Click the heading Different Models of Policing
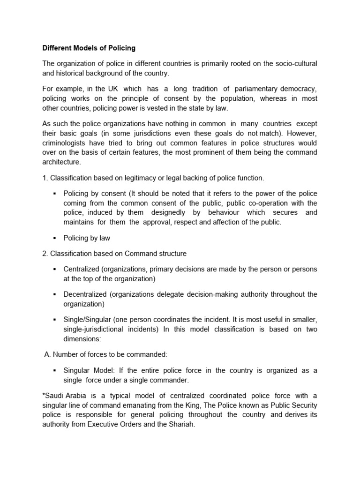(89, 48)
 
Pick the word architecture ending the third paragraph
(61, 162)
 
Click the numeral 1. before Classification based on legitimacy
(45, 178)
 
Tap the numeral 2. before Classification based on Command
(45, 254)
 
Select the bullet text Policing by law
(87, 238)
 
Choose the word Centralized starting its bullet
(82, 269)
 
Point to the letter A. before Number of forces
(47, 355)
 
